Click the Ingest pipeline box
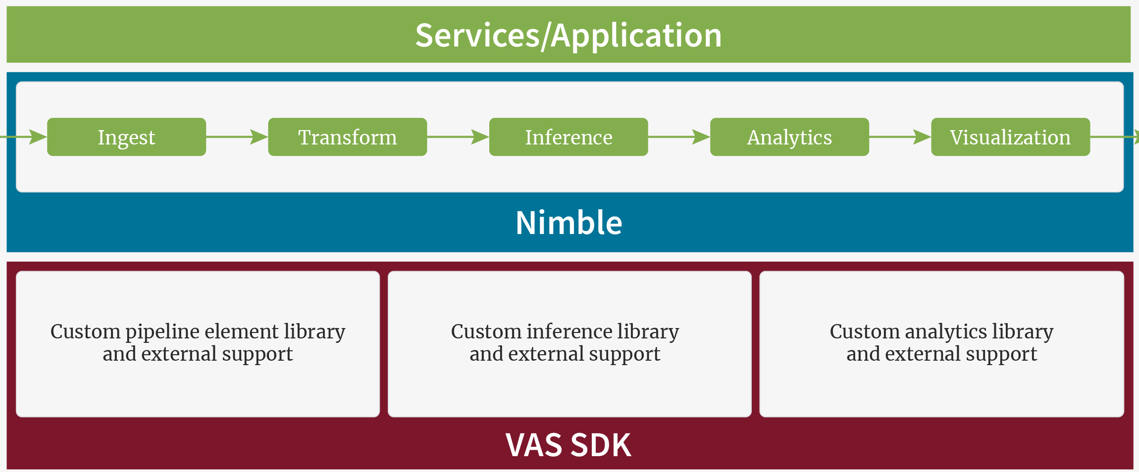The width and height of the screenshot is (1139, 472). tap(126, 137)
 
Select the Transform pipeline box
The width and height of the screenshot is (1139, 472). tap(347, 137)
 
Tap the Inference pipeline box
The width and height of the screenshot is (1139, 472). tap(568, 137)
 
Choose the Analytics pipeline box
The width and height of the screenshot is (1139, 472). tap(789, 137)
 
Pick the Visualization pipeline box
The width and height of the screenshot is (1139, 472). tap(1010, 137)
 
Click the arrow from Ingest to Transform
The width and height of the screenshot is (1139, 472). tap(237, 137)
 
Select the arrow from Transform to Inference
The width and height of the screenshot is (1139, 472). tap(458, 137)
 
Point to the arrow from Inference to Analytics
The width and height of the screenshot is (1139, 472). tap(679, 137)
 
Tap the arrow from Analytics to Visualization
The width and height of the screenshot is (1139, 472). tap(900, 137)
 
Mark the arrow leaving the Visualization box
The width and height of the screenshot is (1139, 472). tap(1114, 137)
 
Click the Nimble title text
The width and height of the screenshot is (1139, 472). tap(569, 223)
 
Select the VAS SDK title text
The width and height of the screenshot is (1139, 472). tap(569, 445)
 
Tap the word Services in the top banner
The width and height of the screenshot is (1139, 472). tap(477, 35)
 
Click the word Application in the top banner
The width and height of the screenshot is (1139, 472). tap(636, 35)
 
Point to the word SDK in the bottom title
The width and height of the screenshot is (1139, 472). tap(601, 445)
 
